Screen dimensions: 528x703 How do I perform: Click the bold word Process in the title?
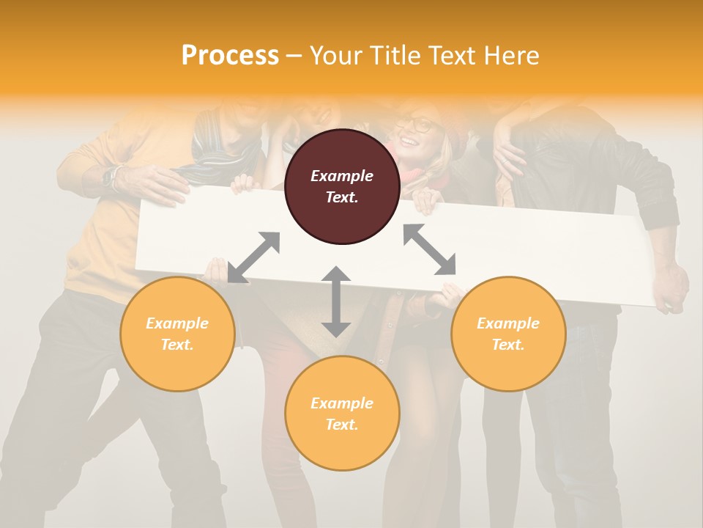click(x=230, y=56)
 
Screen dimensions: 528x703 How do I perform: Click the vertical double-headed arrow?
click(x=336, y=301)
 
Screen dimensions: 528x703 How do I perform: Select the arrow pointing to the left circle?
click(x=253, y=257)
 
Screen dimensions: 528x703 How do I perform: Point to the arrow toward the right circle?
click(x=430, y=250)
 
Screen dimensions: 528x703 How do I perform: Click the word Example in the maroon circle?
click(x=342, y=176)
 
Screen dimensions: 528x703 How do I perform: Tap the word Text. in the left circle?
click(x=177, y=345)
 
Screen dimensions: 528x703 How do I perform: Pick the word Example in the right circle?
click(x=508, y=323)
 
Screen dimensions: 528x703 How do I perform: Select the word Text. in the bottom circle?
click(x=342, y=425)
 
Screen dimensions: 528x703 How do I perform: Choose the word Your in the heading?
click(x=335, y=56)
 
